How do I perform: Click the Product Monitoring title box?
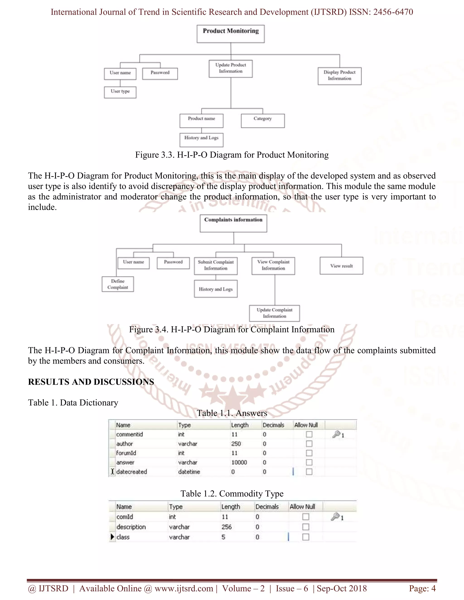coord(231,34)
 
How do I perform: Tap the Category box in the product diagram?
coord(263,121)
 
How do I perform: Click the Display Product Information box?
coord(339,76)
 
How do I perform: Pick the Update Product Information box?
coord(231,68)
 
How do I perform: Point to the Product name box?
coord(201,121)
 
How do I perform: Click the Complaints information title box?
coord(233,223)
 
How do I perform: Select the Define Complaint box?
coord(118,284)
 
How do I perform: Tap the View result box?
coord(341,266)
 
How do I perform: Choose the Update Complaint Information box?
coord(274,313)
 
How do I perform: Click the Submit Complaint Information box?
coord(216,266)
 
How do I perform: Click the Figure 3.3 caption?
coord(232,155)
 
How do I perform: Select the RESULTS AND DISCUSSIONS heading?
coord(91,382)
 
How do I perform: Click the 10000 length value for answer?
coord(239,462)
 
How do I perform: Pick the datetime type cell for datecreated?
coord(189,472)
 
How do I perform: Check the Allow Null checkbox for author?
coord(309,444)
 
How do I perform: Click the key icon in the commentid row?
coord(336,434)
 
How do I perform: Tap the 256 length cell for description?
coord(227,527)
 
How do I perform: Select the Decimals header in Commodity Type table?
coord(267,506)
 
